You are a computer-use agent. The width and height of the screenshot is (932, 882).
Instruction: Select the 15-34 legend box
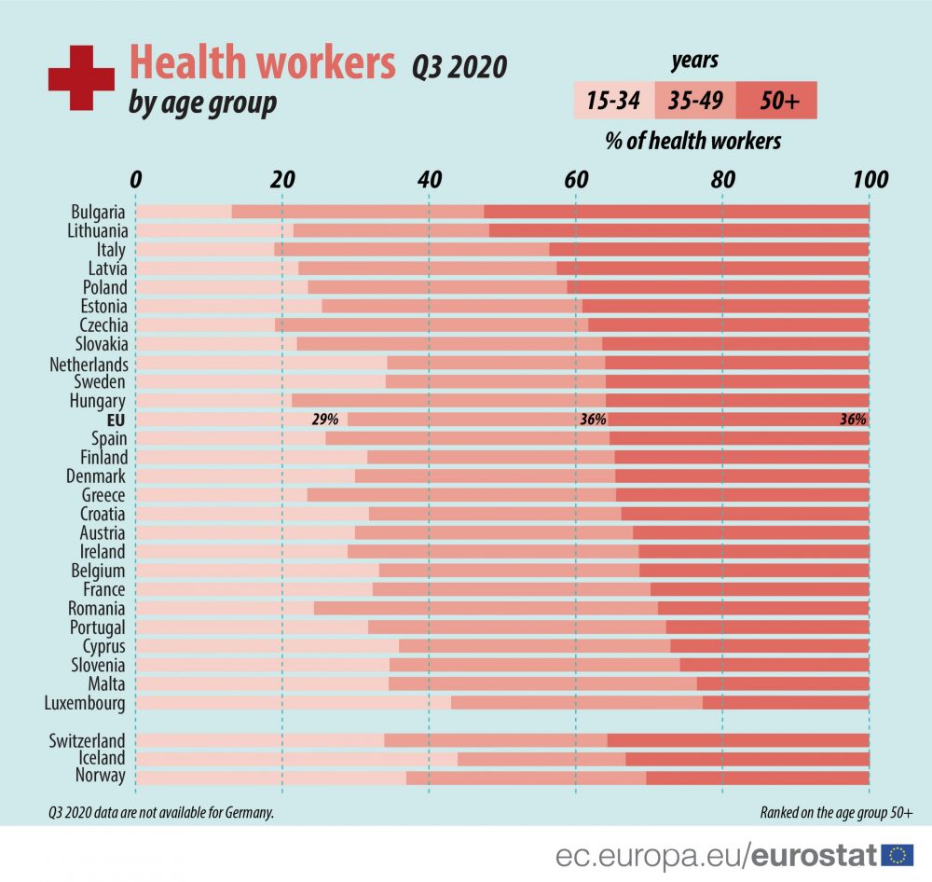click(613, 101)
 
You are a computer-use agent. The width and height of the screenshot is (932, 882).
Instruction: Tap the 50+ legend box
click(776, 101)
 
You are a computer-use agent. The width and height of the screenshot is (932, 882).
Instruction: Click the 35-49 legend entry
click(695, 101)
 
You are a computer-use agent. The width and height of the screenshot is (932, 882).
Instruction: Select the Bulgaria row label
click(98, 212)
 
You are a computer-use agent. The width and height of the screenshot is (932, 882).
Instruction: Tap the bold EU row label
click(116, 420)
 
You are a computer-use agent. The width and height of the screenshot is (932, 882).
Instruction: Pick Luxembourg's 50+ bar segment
click(786, 702)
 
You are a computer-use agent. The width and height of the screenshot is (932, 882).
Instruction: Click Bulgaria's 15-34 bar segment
click(185, 212)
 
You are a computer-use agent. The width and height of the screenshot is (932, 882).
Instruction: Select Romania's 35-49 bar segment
click(485, 608)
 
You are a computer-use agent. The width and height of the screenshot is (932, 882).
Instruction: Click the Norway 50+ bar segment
click(757, 778)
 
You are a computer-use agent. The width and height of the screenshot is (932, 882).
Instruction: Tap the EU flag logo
click(897, 854)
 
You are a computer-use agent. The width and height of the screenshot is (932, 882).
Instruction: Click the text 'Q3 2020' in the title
click(460, 67)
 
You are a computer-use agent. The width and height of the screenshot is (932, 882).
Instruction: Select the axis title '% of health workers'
click(693, 141)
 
